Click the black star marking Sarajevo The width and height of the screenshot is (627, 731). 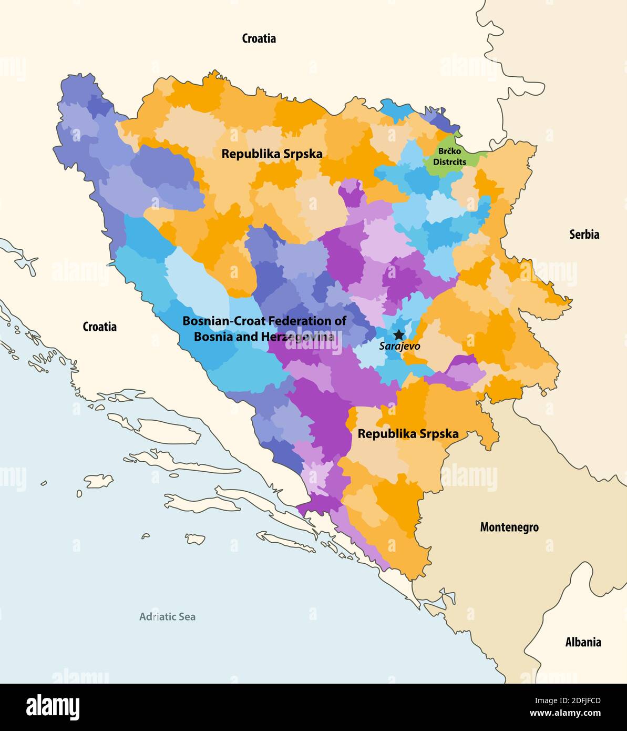(x=399, y=334)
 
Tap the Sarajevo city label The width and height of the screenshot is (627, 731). (x=399, y=347)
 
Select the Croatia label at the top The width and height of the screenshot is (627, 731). (x=259, y=38)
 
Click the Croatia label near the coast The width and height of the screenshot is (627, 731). (x=100, y=327)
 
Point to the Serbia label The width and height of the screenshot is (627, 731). (x=584, y=235)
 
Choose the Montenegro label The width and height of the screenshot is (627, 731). (x=509, y=527)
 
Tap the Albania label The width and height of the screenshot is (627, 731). (x=583, y=642)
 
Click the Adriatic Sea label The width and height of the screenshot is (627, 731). (x=167, y=617)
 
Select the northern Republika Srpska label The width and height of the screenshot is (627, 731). (x=272, y=154)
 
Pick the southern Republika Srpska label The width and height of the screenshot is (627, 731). (x=408, y=434)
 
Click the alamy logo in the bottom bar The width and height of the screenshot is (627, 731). (x=53, y=707)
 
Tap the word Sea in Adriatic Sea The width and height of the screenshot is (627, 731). (x=186, y=617)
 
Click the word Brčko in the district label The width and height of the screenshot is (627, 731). (x=450, y=151)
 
